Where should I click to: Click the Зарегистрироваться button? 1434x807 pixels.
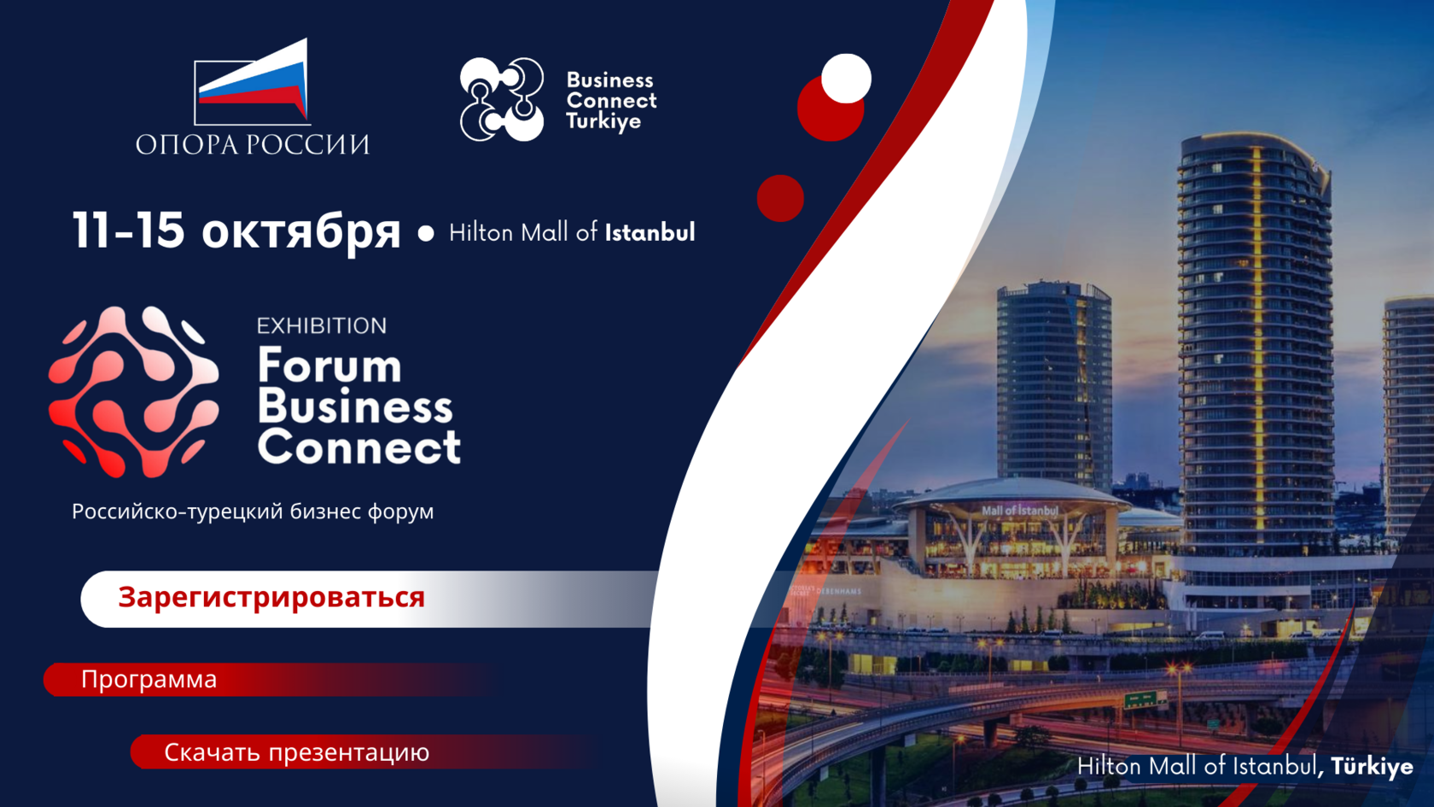pos(271,598)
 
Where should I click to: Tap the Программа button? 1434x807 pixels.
pos(149,680)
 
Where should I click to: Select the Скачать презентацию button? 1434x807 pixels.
pos(296,752)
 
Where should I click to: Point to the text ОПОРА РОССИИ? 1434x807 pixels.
pos(253,144)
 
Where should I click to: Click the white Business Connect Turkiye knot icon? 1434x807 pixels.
pos(502,99)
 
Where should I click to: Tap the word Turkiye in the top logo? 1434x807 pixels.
pos(603,121)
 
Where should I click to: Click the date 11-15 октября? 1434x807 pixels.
pos(236,231)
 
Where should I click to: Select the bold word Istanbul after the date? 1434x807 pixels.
pos(650,232)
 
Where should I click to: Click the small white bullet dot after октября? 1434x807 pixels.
pos(426,233)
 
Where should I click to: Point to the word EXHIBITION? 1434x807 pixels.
pos(322,326)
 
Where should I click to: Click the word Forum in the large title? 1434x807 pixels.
pos(329,366)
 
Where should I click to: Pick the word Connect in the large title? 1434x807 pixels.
pos(359,447)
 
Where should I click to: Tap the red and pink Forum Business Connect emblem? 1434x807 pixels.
pos(134,392)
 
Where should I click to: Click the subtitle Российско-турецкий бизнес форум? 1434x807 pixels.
pos(253,512)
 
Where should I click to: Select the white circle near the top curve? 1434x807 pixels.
pos(846,79)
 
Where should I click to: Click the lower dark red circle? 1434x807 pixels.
pos(780,198)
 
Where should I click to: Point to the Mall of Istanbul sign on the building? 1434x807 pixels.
pos(1019,511)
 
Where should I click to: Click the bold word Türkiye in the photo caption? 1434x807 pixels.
pos(1372,767)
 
